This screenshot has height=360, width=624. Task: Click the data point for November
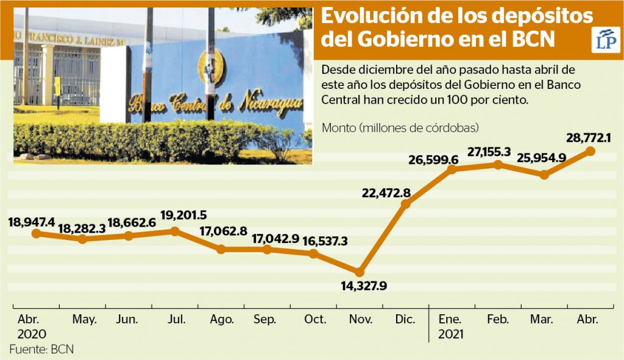(x=360, y=272)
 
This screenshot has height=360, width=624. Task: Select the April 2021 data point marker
(x=590, y=151)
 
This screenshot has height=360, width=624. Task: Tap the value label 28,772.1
(x=588, y=138)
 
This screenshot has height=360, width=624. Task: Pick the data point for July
(x=175, y=231)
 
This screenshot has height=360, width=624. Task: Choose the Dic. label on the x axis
(x=405, y=319)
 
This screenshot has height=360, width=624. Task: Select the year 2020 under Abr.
(x=32, y=334)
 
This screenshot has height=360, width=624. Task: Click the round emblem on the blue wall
(x=212, y=67)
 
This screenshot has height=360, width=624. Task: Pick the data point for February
(x=498, y=164)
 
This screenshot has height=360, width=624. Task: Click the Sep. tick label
(x=266, y=319)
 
